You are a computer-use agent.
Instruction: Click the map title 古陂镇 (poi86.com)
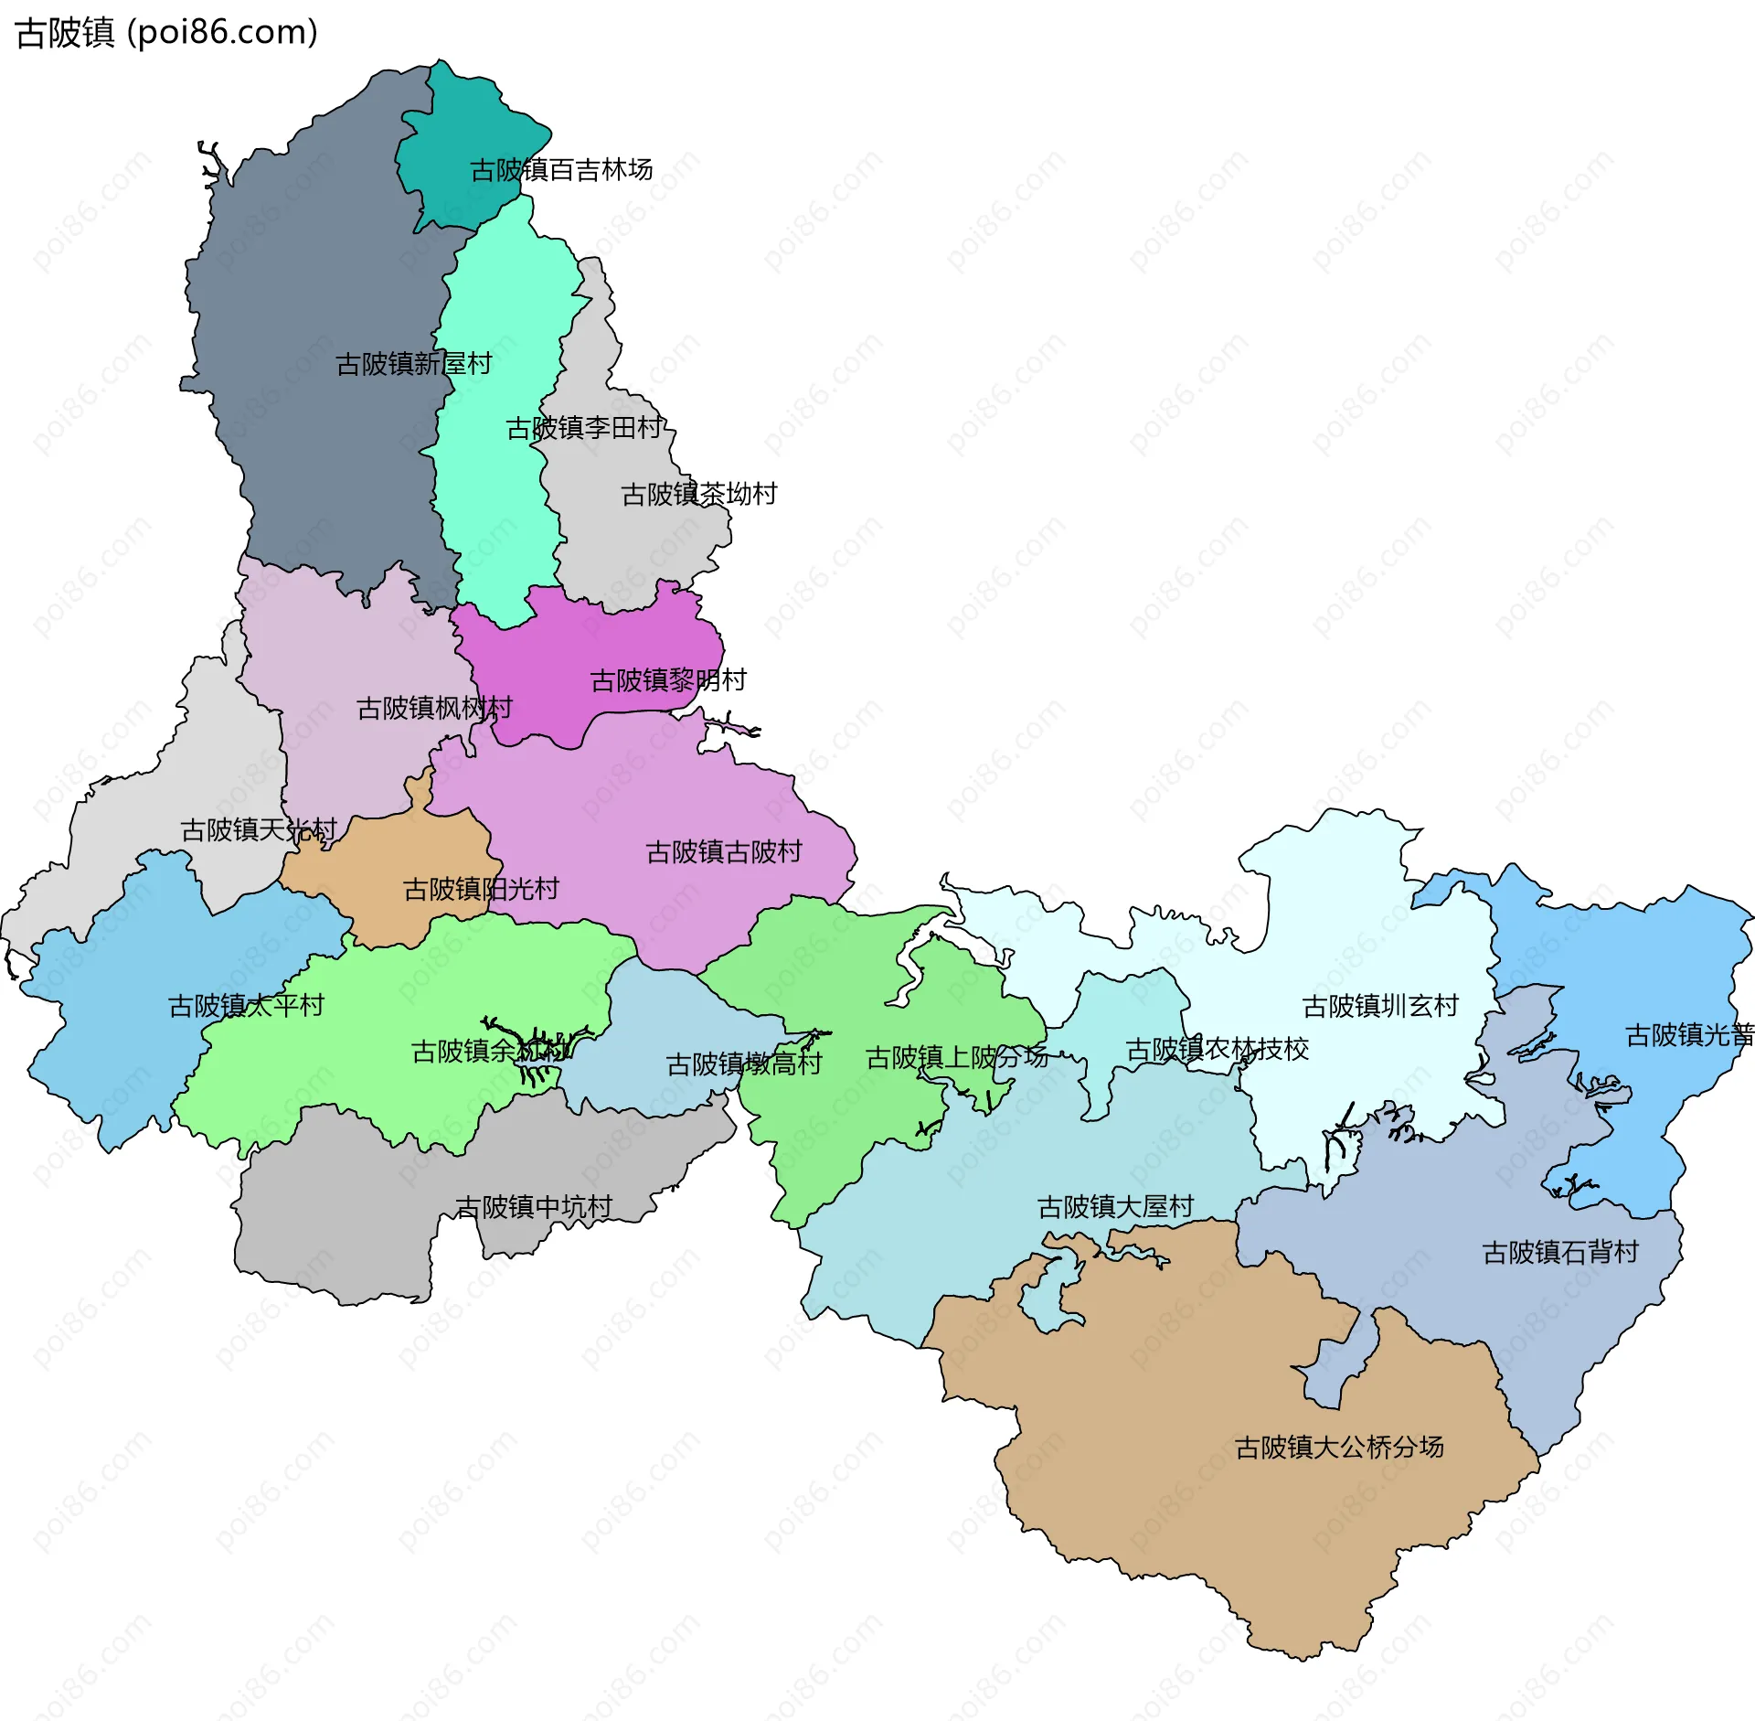[167, 33]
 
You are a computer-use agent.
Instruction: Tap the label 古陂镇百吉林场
[561, 170]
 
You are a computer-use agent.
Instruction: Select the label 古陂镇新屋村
[414, 364]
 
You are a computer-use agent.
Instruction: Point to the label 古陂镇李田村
[585, 428]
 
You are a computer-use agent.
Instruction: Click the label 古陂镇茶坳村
[699, 494]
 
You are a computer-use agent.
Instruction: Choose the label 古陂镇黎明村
[669, 679]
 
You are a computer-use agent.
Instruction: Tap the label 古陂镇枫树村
[434, 708]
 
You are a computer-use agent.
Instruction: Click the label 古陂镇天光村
[259, 829]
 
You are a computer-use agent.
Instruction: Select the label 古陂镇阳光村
[481, 889]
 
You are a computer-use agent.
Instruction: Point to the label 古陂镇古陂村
[724, 852]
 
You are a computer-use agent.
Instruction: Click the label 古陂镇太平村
[247, 1006]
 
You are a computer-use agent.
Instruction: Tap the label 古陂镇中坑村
[534, 1207]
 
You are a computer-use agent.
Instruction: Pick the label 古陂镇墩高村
[744, 1064]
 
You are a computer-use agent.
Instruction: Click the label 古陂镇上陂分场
[956, 1057]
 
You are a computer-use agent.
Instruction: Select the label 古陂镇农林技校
[1218, 1049]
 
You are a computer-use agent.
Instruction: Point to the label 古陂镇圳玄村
[1380, 1006]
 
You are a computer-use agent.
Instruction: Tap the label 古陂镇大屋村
[1115, 1207]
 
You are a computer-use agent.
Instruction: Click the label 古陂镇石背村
[1560, 1252]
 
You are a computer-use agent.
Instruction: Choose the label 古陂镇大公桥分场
[1339, 1447]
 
